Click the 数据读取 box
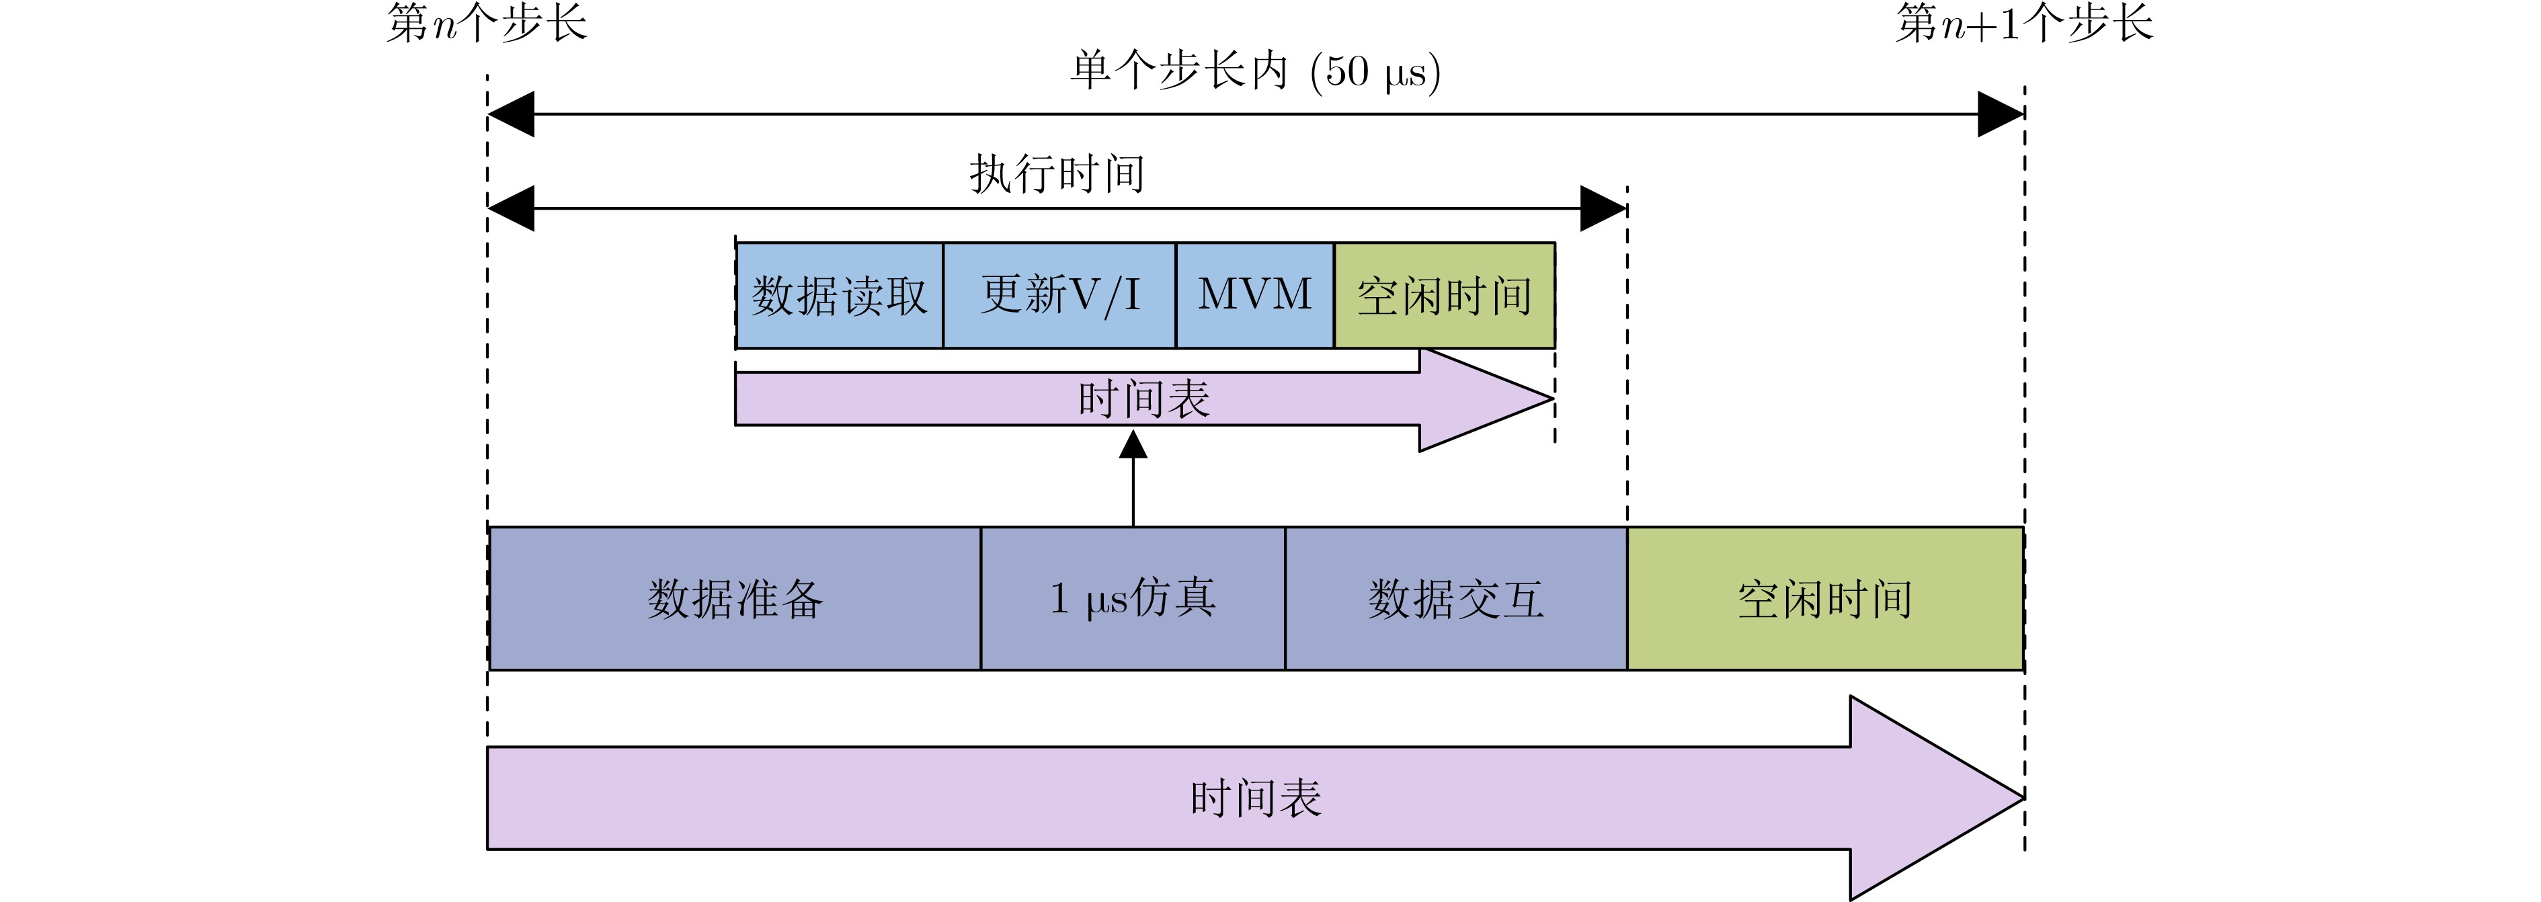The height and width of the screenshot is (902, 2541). pyautogui.click(x=840, y=296)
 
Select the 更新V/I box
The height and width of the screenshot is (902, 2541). pyautogui.click(x=1059, y=296)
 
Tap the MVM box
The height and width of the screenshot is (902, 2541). pyautogui.click(x=1255, y=296)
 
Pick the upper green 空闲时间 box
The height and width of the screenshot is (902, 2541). pyautogui.click(x=1444, y=296)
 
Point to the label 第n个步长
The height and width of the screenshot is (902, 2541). pyautogui.click(x=486, y=24)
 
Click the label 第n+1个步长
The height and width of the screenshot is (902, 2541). pyautogui.click(x=2024, y=24)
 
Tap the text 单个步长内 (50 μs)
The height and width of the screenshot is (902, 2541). pyautogui.click(x=1255, y=71)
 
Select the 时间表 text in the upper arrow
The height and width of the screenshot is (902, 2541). pyautogui.click(x=1143, y=399)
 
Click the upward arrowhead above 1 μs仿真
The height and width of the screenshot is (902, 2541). pyautogui.click(x=1133, y=446)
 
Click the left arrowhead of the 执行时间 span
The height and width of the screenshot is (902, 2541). pyautogui.click(x=511, y=208)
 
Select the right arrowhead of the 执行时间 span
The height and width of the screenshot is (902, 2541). pyautogui.click(x=1603, y=208)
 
